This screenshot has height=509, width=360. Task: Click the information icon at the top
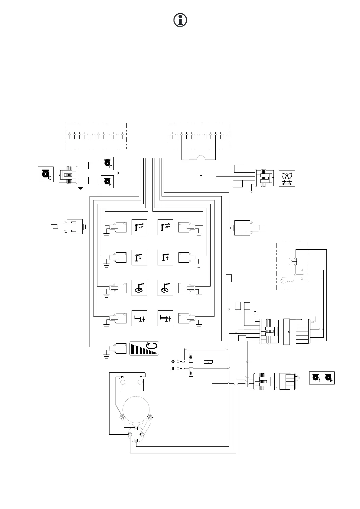point(180,20)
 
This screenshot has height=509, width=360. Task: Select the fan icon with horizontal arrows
point(286,178)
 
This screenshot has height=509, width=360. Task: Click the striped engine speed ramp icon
point(144,348)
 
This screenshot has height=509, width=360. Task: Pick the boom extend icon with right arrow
point(139,227)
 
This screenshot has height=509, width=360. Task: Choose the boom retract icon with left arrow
point(165,227)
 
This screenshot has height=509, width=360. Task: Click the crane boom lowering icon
point(139,258)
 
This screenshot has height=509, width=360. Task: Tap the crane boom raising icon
point(165,258)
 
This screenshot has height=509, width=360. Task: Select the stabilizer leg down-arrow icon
point(139,318)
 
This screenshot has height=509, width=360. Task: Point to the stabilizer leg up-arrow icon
point(165,318)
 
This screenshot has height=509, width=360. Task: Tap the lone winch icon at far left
point(46,174)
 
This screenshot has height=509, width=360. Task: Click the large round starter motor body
point(136,410)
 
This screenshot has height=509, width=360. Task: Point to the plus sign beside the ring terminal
point(173,361)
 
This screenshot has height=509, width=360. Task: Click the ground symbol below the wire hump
point(201,174)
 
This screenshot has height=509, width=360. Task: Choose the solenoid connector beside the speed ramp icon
point(117,348)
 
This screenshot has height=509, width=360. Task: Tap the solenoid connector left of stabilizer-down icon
point(117,318)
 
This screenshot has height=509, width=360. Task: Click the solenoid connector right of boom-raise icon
point(188,258)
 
